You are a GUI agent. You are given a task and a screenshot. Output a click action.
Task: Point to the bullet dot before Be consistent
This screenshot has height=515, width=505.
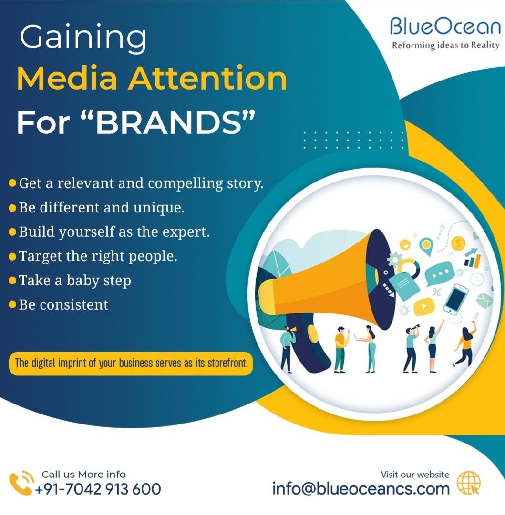coord(12,304)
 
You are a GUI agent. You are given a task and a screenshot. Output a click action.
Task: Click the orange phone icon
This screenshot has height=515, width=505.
coord(21,483)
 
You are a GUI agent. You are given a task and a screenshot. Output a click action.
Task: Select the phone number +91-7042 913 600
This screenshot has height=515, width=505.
coord(97,489)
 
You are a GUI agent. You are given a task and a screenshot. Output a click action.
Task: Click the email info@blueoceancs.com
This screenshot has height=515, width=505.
coord(361,488)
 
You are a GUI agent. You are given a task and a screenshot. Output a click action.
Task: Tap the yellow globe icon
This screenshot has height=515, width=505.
coord(468,483)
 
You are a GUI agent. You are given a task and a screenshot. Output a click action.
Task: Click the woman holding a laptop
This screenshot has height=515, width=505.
coord(370,348)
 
